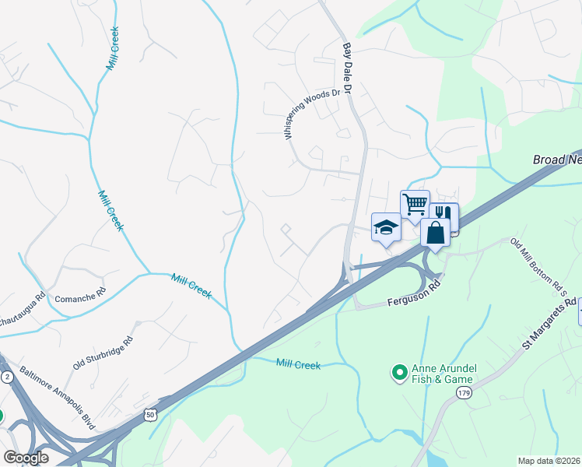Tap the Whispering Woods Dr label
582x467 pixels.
[x=313, y=114]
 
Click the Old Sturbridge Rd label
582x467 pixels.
[x=103, y=353]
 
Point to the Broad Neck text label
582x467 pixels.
[x=557, y=159]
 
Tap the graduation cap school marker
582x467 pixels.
[x=386, y=227]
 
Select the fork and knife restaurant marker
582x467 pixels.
[x=444, y=214]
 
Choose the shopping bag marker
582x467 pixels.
[x=435, y=231]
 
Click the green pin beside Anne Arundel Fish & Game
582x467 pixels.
[x=399, y=374]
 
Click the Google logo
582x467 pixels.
[x=26, y=458]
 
